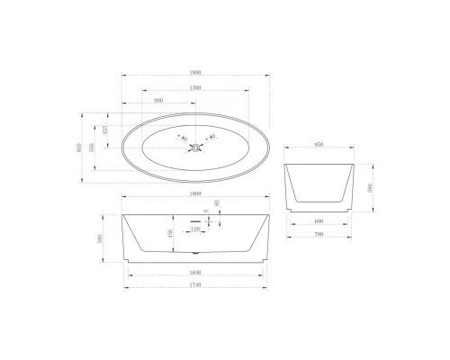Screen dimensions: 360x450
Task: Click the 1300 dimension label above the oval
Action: [x=194, y=88]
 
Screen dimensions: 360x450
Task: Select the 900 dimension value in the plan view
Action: [x=158, y=102]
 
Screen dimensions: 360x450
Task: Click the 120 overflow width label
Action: [x=194, y=230]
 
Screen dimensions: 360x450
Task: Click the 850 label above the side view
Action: [x=316, y=144]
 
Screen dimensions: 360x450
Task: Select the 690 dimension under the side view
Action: [x=316, y=222]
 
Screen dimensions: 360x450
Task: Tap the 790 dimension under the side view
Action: [x=316, y=235]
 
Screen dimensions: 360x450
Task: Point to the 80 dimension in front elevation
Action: [x=217, y=204]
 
